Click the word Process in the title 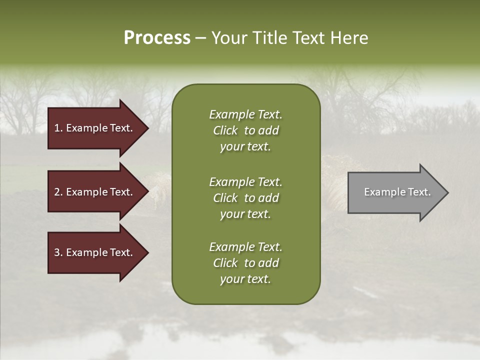click(x=157, y=38)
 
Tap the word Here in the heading click(x=349, y=38)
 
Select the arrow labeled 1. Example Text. click(x=95, y=128)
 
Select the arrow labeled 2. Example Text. click(x=95, y=192)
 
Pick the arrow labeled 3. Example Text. click(x=95, y=252)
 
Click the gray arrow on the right click(x=395, y=192)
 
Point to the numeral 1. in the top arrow click(x=58, y=128)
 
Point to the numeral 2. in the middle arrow click(x=58, y=192)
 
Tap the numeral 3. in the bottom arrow click(x=58, y=252)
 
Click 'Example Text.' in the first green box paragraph click(x=245, y=114)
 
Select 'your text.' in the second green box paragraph click(x=245, y=214)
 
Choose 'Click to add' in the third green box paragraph click(x=245, y=263)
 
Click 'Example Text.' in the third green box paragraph click(x=245, y=247)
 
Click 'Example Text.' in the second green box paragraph click(x=245, y=182)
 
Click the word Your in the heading click(x=230, y=38)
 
